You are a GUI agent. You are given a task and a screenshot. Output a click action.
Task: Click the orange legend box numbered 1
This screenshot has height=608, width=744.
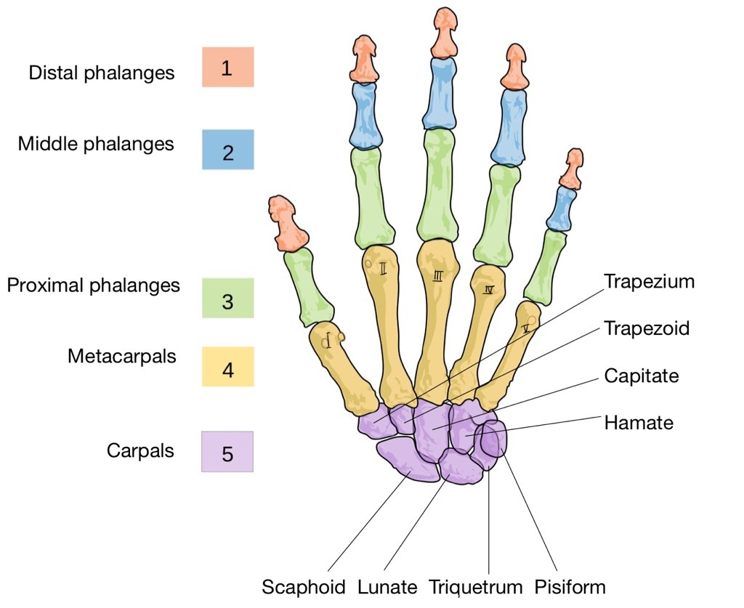[227, 67]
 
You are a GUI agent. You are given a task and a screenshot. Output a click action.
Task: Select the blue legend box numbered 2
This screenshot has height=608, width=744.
[227, 150]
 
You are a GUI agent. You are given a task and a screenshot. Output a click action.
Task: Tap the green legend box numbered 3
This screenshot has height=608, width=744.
[227, 298]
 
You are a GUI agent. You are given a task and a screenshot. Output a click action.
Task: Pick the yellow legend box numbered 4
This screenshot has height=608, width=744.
[227, 367]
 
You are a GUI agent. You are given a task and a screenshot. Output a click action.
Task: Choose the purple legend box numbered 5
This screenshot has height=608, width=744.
[227, 452]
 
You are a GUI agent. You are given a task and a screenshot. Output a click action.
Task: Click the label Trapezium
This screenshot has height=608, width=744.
[649, 281]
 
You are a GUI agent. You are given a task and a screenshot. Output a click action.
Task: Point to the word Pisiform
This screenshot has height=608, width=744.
[570, 587]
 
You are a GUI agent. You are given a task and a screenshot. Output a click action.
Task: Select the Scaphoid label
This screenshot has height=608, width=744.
[304, 587]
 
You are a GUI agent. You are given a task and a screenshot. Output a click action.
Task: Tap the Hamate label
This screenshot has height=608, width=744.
[639, 423]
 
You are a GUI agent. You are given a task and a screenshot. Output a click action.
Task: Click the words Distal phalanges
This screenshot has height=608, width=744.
[102, 73]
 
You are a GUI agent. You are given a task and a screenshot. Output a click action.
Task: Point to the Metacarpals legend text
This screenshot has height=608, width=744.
[122, 356]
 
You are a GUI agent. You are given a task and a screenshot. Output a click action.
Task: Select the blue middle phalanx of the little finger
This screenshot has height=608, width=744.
[562, 208]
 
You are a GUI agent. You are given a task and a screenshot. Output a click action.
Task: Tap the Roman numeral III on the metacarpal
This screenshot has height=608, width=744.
[438, 275]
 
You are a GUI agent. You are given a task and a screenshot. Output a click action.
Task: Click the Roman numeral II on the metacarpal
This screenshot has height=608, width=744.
[383, 269]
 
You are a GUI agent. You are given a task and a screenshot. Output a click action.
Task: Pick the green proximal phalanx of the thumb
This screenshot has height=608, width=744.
[307, 286]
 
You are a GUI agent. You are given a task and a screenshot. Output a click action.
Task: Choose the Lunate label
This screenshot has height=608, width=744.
[387, 587]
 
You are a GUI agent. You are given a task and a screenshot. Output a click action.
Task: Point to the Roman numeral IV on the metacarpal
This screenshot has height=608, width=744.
[488, 290]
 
